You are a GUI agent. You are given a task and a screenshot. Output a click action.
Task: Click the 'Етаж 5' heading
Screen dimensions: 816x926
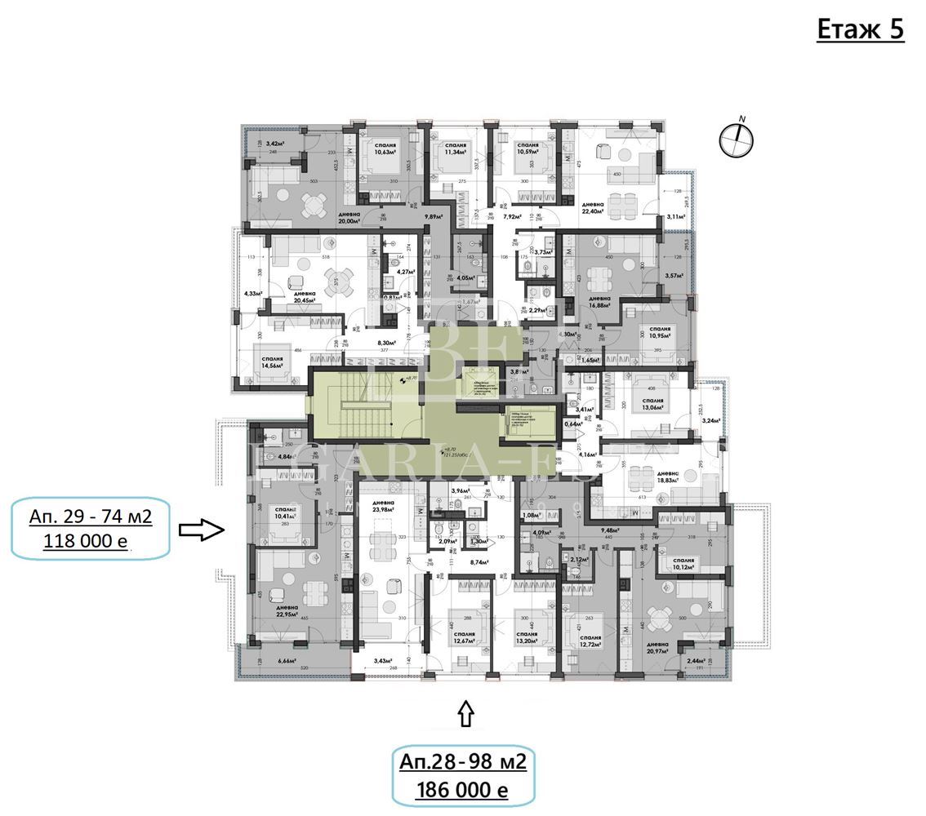click(x=860, y=30)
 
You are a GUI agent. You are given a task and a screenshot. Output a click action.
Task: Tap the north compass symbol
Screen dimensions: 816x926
click(x=736, y=140)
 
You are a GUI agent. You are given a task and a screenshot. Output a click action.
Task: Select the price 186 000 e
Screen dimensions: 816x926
click(x=462, y=790)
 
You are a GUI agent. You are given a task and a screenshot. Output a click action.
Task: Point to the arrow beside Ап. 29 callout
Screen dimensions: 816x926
click(x=202, y=530)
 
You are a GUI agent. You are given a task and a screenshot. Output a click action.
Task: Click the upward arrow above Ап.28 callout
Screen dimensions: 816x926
click(x=465, y=714)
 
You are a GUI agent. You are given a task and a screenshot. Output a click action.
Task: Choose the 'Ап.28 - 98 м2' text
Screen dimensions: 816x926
click(x=462, y=762)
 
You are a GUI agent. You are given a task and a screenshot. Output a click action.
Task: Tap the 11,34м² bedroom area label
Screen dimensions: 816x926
click(x=455, y=152)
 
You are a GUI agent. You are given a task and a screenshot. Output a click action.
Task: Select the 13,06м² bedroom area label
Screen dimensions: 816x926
click(x=652, y=410)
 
